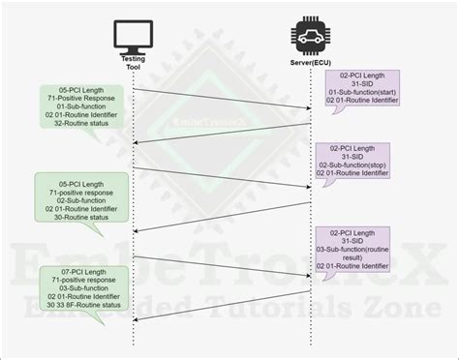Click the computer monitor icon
132,36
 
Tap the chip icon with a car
311,36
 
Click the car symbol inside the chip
311,37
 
